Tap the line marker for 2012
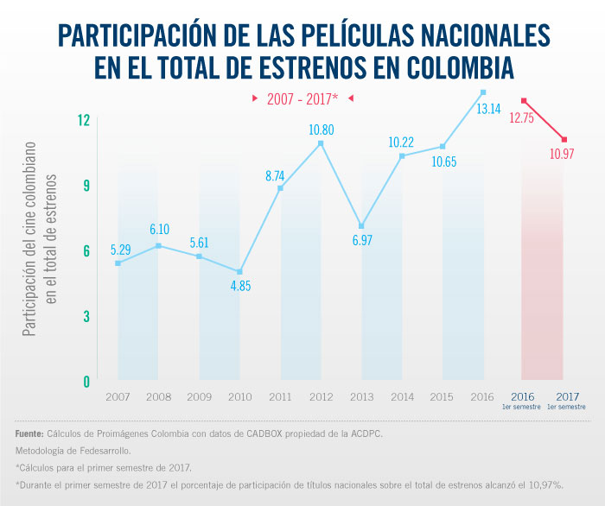point(321,143)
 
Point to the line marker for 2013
point(361,225)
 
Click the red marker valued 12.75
point(524,100)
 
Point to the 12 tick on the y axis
point(83,119)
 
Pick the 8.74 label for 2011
point(280,175)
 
